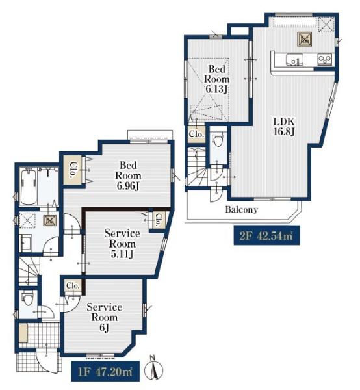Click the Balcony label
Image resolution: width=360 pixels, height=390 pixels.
[242, 209]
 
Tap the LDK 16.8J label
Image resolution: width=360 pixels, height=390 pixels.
[284, 126]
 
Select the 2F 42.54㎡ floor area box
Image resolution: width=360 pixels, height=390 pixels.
[266, 235]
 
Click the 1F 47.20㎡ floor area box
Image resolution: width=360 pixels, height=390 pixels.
[105, 371]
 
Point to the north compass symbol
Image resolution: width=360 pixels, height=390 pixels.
[153, 369]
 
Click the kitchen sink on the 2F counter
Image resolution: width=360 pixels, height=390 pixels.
[294, 60]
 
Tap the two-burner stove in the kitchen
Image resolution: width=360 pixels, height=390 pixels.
[325, 60]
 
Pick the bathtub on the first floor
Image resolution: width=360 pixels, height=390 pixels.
[28, 187]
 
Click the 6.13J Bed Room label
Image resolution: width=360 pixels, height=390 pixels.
[216, 79]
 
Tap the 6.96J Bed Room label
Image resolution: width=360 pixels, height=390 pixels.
[128, 175]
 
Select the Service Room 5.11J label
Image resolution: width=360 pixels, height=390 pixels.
[122, 244]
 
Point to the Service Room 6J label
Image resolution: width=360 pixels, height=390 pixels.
[104, 317]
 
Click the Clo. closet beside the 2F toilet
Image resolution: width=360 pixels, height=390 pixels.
[197, 135]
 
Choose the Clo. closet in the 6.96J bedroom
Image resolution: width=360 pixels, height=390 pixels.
[73, 170]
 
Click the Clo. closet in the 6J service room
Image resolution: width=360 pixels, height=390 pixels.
[73, 286]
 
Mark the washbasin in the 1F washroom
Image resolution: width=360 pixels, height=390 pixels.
[25, 243]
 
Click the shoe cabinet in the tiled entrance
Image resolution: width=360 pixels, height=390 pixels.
[23, 333]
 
